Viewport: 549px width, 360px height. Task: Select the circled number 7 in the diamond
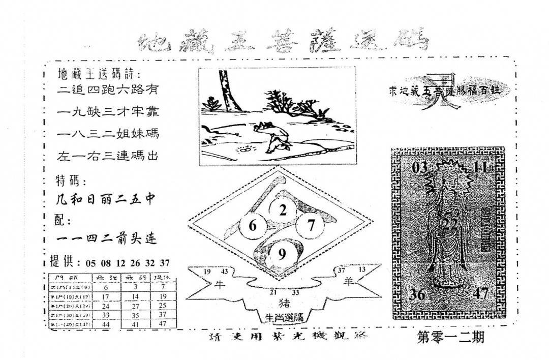[311, 224]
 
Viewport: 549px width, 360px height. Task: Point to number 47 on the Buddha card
[479, 294]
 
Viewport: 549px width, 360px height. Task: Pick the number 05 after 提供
[91, 263]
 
